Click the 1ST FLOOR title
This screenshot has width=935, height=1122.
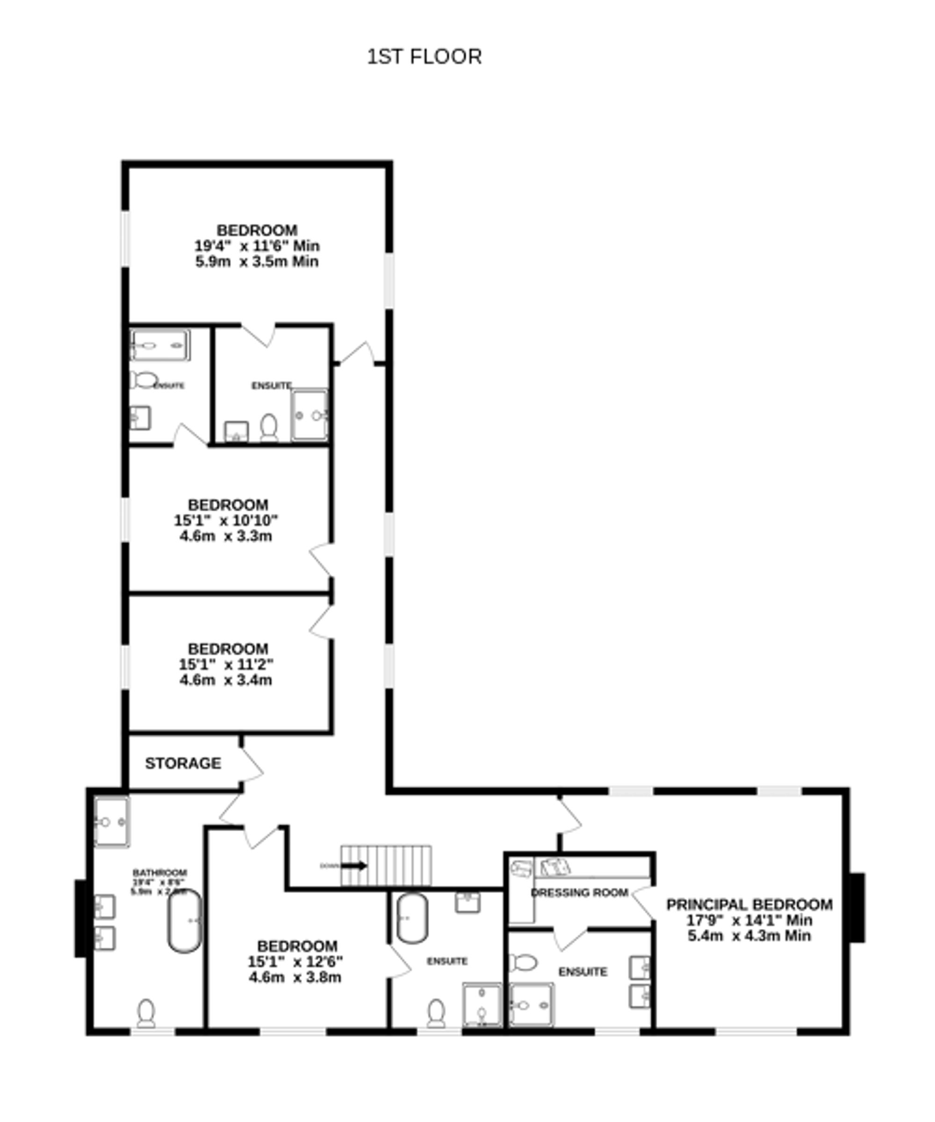coord(424,57)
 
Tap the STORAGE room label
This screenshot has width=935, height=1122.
coord(183,763)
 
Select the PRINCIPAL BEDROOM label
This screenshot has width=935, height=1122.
coord(749,905)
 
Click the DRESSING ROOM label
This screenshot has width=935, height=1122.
coord(579,893)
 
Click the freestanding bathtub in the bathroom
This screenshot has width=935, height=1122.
coord(185,921)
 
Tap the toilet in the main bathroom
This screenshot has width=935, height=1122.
coord(146,1014)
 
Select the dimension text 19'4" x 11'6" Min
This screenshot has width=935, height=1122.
coord(257,246)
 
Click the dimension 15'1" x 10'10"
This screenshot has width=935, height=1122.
coord(226,520)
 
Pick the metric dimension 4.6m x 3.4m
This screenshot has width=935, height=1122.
coord(226,680)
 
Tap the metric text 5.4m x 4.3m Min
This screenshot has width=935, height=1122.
coord(749,935)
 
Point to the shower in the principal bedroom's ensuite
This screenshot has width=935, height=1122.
coord(531,1005)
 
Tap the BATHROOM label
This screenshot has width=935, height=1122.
coord(160,873)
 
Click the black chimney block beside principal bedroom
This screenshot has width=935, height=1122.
coord(856,907)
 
